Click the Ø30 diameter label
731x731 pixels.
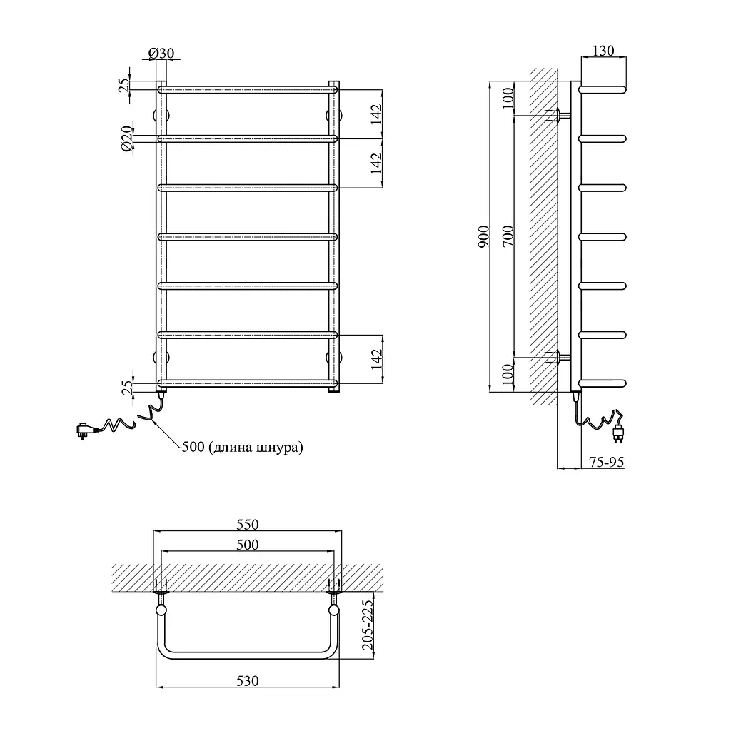point(161,53)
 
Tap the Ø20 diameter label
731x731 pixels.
point(127,138)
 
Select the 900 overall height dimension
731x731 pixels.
point(484,236)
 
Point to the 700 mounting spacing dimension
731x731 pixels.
point(508,236)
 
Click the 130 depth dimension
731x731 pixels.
point(603,51)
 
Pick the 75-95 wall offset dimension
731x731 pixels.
point(606,462)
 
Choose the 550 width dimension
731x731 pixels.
point(247,525)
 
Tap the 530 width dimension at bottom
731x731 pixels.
point(247,681)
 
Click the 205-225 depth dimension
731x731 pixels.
point(368,625)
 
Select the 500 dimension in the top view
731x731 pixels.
point(247,545)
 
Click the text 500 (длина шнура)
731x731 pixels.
point(242,447)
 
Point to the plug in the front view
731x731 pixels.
point(85,430)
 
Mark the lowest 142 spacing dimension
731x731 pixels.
point(377,359)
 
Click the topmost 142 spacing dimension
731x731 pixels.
point(377,114)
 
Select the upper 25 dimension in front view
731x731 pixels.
point(124,85)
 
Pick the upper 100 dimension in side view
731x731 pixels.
point(508,98)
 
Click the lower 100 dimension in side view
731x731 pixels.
point(508,374)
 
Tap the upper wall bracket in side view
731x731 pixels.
point(558,115)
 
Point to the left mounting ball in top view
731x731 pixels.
point(161,610)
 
